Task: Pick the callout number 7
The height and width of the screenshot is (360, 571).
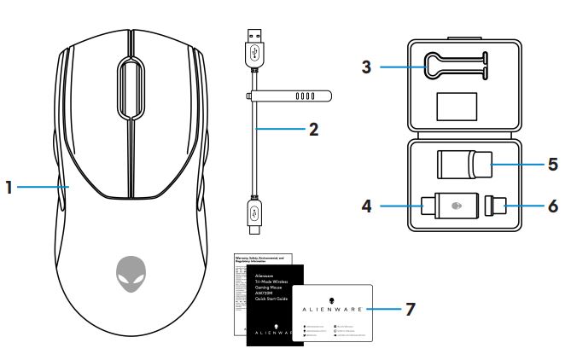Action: click(x=411, y=308)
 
